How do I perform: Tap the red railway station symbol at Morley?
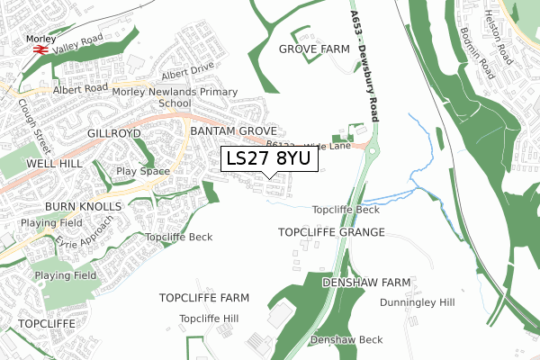click(x=40, y=50)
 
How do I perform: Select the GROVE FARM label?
click(x=314, y=49)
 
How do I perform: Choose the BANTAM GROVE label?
click(x=233, y=131)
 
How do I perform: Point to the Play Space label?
click(x=143, y=169)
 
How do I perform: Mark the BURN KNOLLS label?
click(x=83, y=206)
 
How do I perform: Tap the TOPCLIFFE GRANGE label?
click(x=331, y=232)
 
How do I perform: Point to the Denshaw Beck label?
click(x=346, y=339)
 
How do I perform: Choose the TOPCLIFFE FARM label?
click(x=203, y=297)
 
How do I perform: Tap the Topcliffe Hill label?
click(x=209, y=319)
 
